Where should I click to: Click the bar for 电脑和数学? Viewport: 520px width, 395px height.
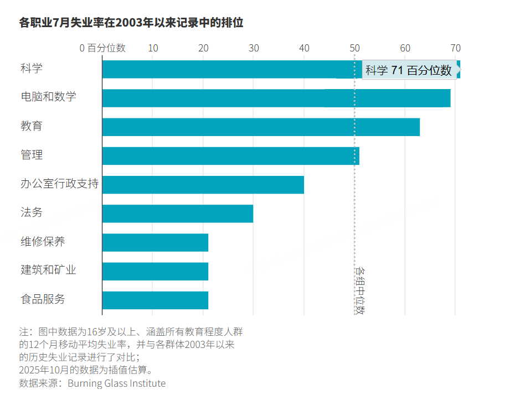click(276, 98)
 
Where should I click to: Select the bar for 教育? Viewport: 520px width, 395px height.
click(261, 127)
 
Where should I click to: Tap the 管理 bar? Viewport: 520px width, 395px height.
click(231, 156)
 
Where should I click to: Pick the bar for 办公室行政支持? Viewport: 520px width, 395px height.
click(203, 185)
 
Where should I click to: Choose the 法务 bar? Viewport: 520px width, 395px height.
click(178, 214)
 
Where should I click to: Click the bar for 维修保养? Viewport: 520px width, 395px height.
click(155, 242)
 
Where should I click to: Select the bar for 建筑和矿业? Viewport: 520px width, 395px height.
click(155, 272)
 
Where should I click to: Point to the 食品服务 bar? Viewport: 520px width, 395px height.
click(155, 300)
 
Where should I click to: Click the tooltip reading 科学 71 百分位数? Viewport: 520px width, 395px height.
click(409, 70)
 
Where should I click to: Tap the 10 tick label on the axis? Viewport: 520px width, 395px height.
click(153, 48)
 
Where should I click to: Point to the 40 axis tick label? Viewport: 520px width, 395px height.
click(304, 48)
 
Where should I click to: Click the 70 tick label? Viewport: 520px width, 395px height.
click(455, 48)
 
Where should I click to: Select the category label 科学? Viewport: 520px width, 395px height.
click(32, 68)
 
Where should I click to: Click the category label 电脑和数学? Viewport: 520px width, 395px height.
click(48, 96)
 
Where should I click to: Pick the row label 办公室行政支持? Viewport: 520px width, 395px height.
click(60, 183)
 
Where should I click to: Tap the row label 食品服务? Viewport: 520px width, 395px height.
click(43, 299)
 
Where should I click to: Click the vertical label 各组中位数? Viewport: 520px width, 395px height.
click(360, 290)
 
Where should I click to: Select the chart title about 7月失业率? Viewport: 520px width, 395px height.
click(131, 23)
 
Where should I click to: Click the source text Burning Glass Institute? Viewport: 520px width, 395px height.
click(117, 383)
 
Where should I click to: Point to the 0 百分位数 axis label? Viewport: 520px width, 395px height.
click(102, 48)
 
